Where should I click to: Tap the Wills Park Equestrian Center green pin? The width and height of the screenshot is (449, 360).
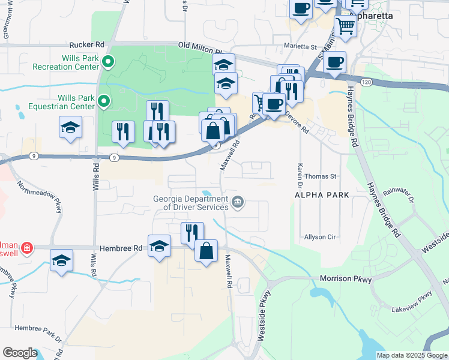coord(104,102)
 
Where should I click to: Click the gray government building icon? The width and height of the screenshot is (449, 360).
coord(238,200)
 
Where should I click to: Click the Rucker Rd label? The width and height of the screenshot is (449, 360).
coord(87,44)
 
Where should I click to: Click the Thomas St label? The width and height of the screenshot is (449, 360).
coord(321,176)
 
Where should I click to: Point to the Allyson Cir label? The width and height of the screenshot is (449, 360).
coord(319,237)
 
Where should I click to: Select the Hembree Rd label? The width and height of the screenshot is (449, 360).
coord(121,247)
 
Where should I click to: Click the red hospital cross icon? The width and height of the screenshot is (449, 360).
coord(26,247)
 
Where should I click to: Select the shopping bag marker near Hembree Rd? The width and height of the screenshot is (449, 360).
coord(206,251)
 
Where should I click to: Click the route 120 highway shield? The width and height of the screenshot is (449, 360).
coord(366,81)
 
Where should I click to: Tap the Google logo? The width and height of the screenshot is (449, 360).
coord(20,353)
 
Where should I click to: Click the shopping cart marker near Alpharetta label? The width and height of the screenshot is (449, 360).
coord(345,25)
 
